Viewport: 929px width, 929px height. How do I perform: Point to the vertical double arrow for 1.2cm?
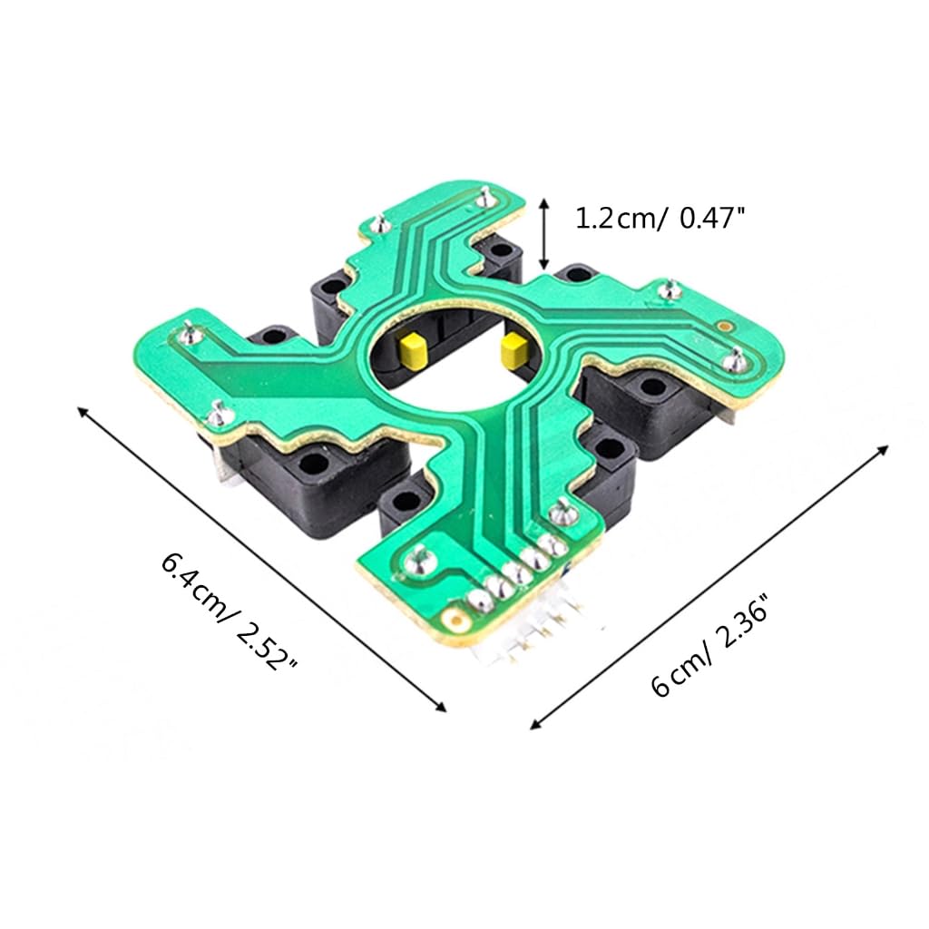click(x=544, y=231)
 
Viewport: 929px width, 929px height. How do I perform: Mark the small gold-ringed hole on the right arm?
click(x=724, y=325)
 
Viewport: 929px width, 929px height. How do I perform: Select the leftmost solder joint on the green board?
click(x=188, y=328)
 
